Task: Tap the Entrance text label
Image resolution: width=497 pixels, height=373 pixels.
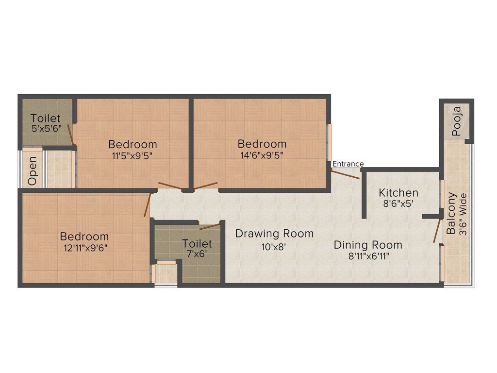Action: point(348,164)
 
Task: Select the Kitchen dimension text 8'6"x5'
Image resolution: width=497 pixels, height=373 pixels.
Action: point(398,204)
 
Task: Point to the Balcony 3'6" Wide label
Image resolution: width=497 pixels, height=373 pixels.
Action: point(457,214)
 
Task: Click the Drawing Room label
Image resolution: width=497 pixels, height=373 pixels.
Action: point(274,234)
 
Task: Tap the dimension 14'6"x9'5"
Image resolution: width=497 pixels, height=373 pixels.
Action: point(262,155)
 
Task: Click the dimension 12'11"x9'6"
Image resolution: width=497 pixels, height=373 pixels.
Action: point(84,248)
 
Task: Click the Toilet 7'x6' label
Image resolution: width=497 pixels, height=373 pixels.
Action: point(197,249)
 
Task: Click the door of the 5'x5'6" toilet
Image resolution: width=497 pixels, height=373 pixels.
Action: point(70,135)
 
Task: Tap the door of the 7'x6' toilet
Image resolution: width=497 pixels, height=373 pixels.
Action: point(210,226)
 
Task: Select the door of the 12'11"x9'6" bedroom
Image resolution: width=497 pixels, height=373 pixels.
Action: point(148,205)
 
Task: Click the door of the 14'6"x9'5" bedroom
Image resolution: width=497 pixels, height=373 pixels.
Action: point(206,186)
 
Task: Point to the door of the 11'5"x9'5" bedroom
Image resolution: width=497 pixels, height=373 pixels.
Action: point(170,186)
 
